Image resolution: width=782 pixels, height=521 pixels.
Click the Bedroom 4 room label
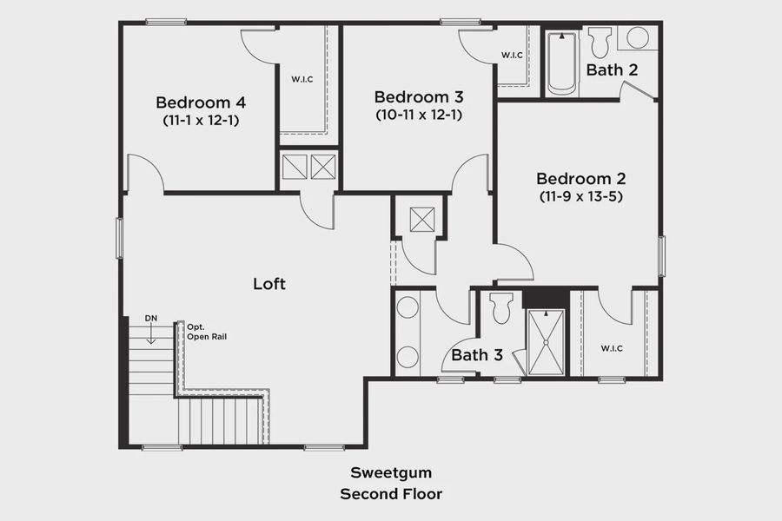coord(200,102)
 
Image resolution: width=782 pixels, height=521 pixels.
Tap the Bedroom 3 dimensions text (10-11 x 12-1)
coord(419,114)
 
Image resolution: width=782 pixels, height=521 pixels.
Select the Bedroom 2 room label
coord(580,178)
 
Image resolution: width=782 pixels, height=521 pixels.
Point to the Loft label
coord(268,283)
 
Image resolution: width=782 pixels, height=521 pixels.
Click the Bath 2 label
coord(612,69)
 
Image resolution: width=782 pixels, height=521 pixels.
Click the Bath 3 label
coord(477,354)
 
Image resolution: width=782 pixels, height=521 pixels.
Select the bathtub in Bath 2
coord(562,63)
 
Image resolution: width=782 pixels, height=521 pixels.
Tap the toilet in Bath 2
coord(600,42)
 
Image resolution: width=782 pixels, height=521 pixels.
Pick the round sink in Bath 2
coord(638,38)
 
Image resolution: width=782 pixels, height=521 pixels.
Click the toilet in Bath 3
coord(501,309)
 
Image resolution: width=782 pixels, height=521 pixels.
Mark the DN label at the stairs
coord(151,318)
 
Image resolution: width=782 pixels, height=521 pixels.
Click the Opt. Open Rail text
coord(206,332)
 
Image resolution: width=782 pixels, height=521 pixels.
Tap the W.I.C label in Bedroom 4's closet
coord(302,79)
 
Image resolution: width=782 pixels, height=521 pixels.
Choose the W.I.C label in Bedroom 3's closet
coord(513,56)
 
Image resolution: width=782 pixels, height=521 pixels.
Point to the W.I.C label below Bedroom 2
coord(612,348)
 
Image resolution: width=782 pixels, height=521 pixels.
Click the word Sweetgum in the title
coord(391,473)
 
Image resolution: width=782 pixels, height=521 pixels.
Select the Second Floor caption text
coord(391,494)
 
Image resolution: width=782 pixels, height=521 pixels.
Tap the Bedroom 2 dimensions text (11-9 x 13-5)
coord(580,196)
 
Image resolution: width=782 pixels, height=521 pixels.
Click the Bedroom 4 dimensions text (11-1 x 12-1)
coord(200,121)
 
